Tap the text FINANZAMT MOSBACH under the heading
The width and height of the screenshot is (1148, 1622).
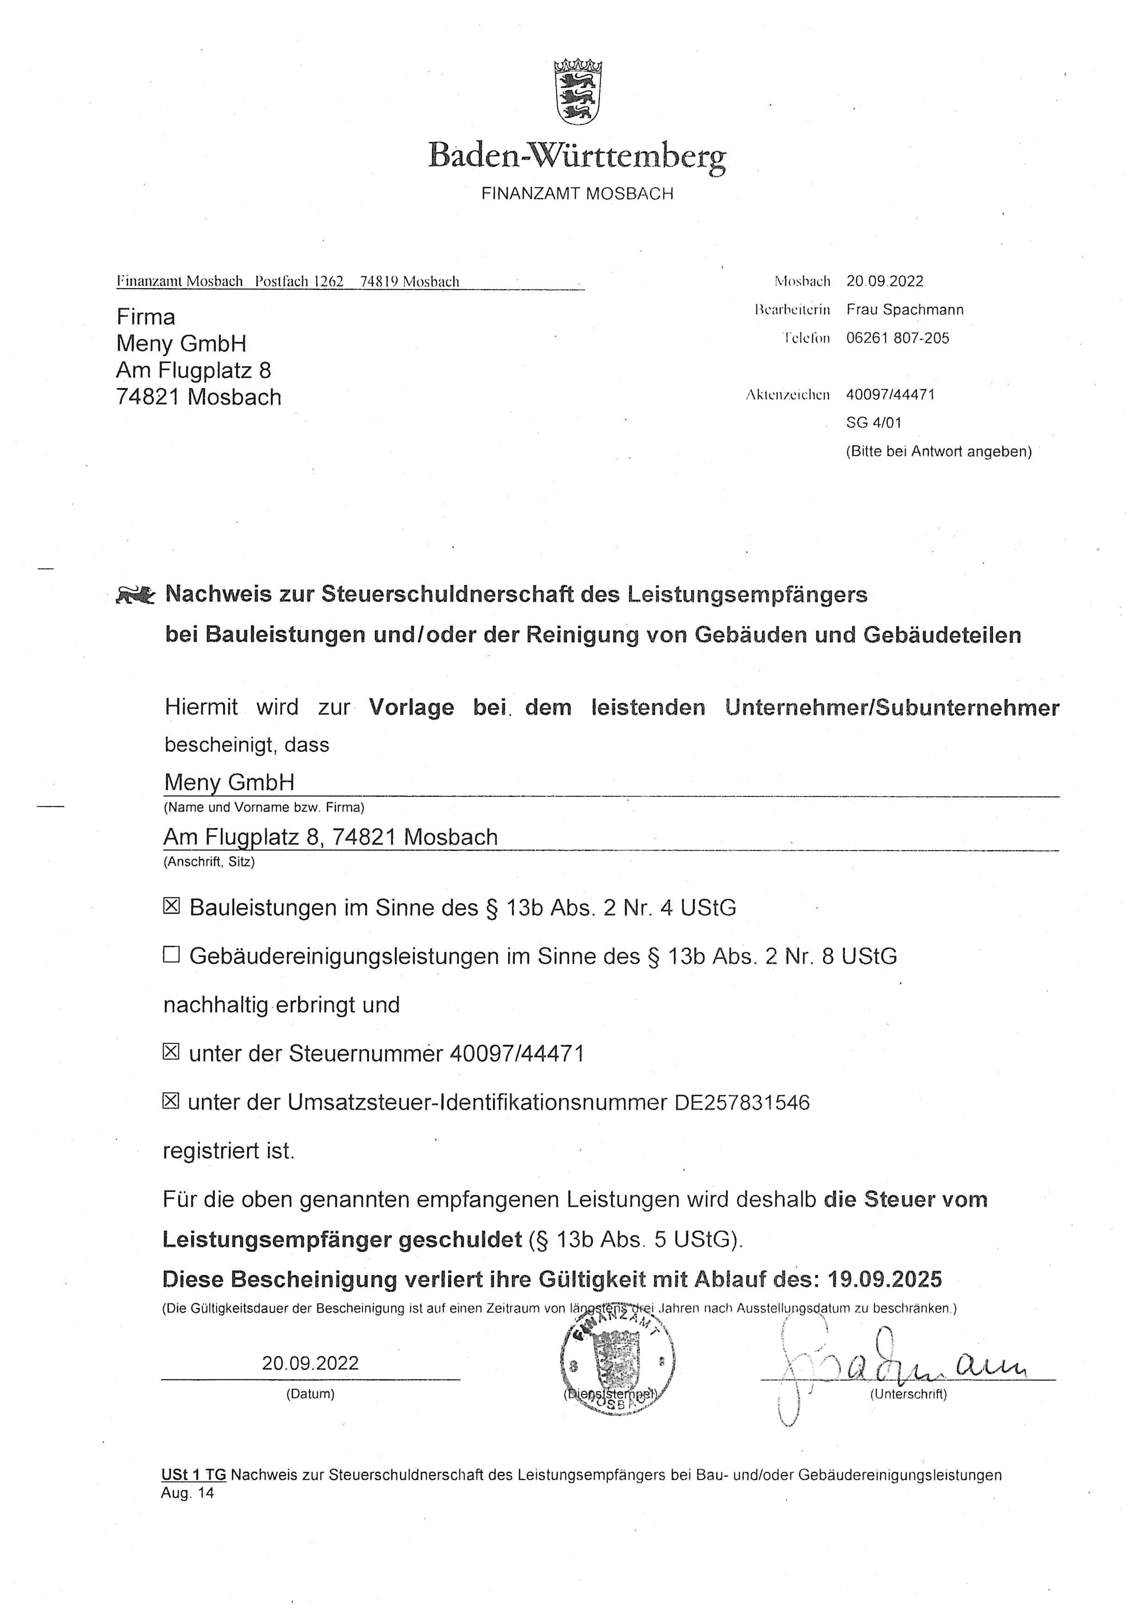click(577, 194)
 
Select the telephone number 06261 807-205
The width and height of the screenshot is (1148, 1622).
click(897, 338)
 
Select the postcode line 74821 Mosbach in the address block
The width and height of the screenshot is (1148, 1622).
click(199, 397)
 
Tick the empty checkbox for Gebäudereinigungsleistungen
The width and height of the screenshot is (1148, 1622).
click(171, 955)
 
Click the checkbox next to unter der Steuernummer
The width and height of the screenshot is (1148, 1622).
click(171, 1053)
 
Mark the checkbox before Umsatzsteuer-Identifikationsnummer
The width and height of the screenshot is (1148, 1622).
click(171, 1101)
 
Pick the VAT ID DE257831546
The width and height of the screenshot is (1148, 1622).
click(742, 1102)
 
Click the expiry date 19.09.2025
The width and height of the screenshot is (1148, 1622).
click(885, 1279)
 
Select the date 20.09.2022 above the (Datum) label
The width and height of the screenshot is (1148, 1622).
click(310, 1363)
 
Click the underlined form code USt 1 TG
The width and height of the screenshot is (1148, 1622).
click(193, 1475)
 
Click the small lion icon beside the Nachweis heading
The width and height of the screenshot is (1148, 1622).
click(135, 596)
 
